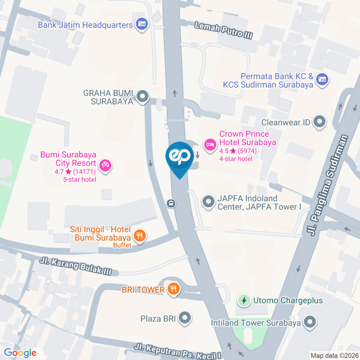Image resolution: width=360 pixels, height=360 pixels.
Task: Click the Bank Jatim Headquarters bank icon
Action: (142, 25)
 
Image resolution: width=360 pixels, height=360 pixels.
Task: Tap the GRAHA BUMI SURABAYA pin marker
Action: (142, 96)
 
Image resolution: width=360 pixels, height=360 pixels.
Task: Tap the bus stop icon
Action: (171, 203)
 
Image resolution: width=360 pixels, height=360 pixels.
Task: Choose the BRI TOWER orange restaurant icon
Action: (174, 289)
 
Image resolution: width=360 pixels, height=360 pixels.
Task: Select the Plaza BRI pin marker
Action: (184, 318)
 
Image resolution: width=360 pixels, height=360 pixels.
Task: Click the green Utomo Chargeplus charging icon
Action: (244, 300)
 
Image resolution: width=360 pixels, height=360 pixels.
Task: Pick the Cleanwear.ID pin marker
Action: (319, 121)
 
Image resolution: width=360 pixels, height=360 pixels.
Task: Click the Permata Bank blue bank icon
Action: (322, 79)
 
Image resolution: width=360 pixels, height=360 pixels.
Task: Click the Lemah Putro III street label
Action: (223, 31)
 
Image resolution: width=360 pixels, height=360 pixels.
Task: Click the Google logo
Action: (20, 352)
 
